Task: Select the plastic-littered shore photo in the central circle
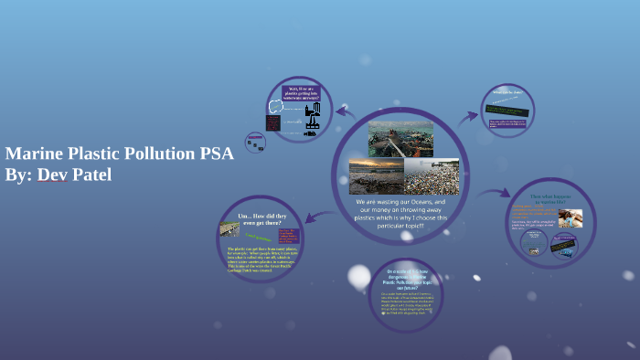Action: [x=431, y=176]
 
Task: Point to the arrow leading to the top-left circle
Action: [x=344, y=112]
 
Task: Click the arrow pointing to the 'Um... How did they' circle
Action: [x=314, y=217]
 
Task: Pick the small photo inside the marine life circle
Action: [x=572, y=218]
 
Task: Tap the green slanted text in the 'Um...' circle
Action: [x=263, y=236]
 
